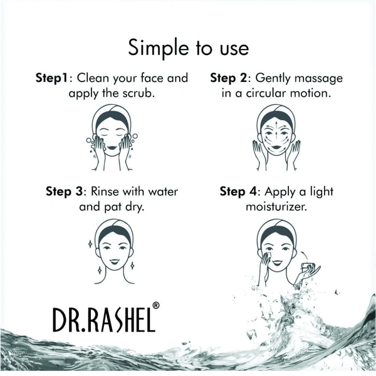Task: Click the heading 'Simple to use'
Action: click(188, 48)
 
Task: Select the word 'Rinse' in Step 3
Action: click(105, 192)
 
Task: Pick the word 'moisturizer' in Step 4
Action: click(275, 207)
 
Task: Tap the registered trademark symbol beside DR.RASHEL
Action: click(155, 306)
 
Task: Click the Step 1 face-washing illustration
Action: click(112, 137)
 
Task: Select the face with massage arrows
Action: click(276, 137)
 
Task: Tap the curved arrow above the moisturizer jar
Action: click(305, 255)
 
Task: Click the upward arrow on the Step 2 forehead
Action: click(276, 125)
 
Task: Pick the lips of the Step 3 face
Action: click(113, 261)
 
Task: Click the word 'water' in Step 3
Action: click(163, 192)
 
